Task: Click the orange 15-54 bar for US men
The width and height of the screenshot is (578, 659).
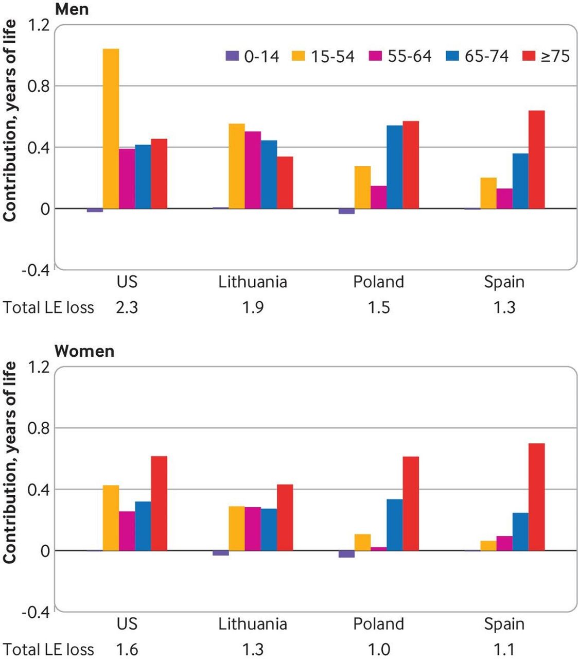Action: tap(111, 129)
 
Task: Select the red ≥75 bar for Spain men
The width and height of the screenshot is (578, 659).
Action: tap(536, 160)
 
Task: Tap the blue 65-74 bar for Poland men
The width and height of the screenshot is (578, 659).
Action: tap(394, 167)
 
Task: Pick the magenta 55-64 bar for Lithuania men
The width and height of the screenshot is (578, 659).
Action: tap(253, 170)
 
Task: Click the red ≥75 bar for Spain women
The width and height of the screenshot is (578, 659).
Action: tap(536, 497)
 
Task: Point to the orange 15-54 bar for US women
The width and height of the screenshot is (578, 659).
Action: tap(111, 518)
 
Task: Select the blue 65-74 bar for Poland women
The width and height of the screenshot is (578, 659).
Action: tap(394, 525)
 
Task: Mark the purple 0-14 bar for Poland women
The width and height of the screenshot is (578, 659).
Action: tap(346, 554)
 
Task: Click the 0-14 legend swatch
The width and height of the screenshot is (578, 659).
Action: tap(233, 56)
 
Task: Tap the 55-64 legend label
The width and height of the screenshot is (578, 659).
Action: tap(410, 56)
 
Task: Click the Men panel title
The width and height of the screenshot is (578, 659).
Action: tap(72, 9)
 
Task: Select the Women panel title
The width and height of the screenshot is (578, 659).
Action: tap(84, 351)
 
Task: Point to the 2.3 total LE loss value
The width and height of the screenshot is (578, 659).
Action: tap(127, 307)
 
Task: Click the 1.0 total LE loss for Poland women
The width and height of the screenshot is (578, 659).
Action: tap(379, 649)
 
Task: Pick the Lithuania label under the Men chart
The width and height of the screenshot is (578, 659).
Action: tap(253, 282)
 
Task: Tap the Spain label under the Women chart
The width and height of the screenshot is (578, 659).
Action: tap(504, 624)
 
